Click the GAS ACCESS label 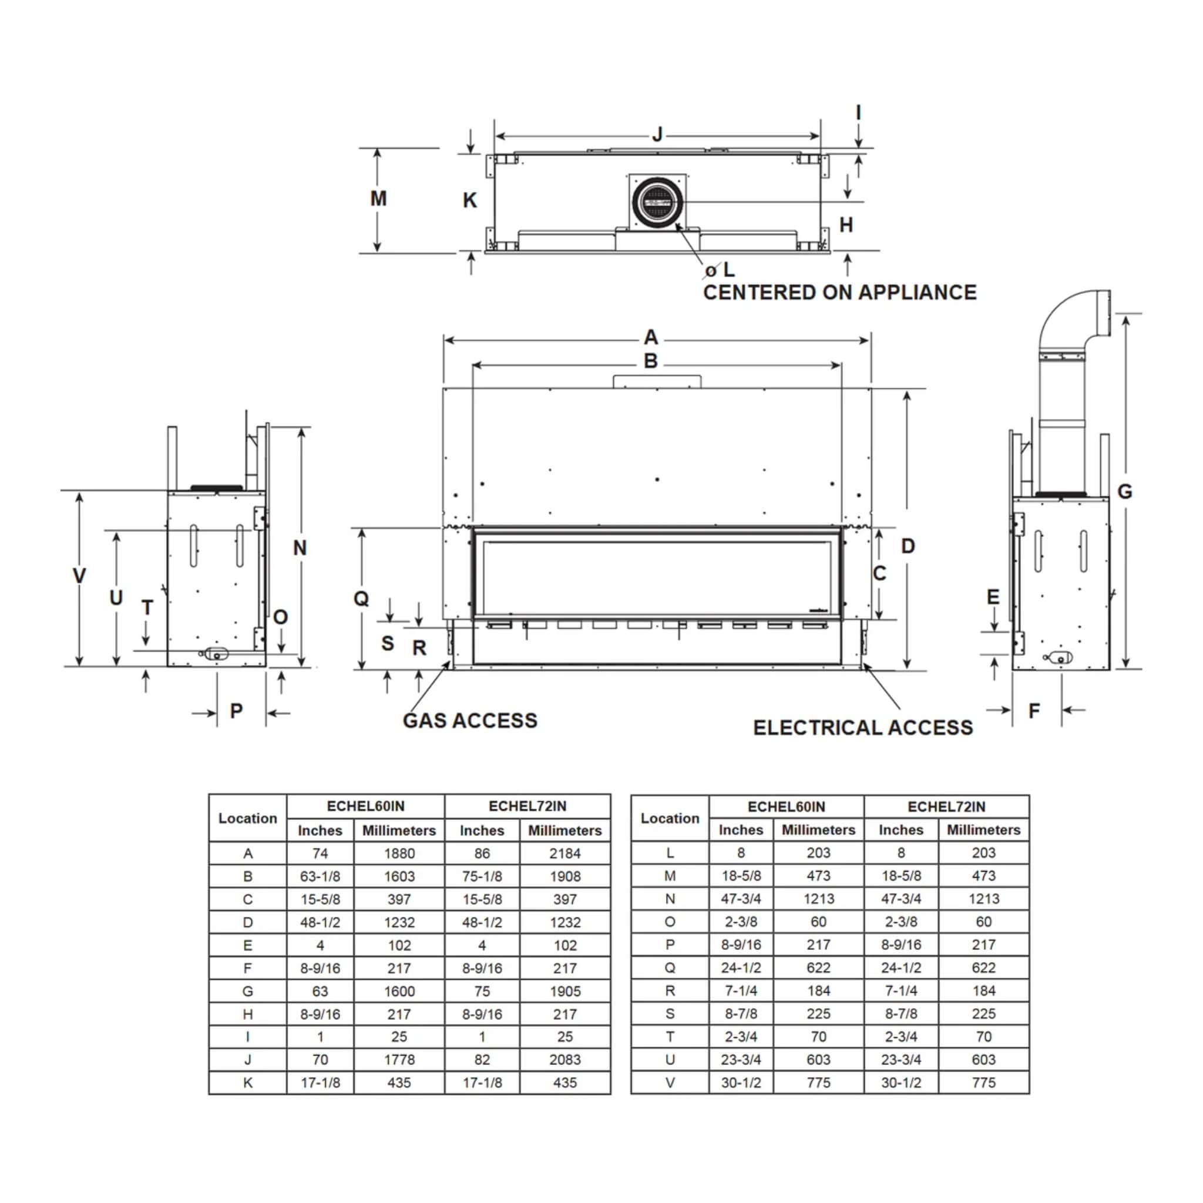[469, 720]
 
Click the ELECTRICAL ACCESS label [862, 727]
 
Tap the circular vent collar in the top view [657, 201]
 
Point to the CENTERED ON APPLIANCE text [839, 292]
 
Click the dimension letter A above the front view [651, 338]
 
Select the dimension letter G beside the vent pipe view [1124, 491]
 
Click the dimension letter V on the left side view [79, 575]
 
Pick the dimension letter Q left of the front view [361, 599]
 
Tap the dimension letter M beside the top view [378, 199]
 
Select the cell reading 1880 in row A [398, 853]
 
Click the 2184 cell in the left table [564, 853]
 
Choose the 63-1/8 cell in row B [320, 876]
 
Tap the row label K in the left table [248, 1082]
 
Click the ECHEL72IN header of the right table [946, 807]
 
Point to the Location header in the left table [247, 818]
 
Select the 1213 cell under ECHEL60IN [818, 899]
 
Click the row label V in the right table [670, 1082]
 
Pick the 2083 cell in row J [564, 1059]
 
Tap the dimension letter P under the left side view [236, 711]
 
